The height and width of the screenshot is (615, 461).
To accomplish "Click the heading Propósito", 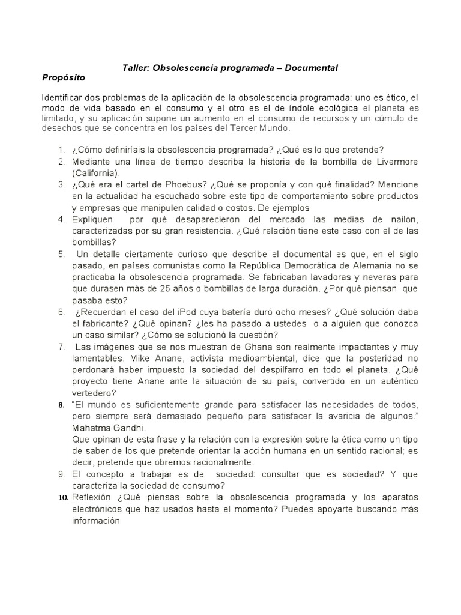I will (x=64, y=78).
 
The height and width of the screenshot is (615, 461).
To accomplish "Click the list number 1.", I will (x=62, y=150).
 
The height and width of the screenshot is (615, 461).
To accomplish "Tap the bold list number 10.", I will (x=62, y=498).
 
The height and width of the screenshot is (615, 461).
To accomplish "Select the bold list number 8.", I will (x=61, y=405).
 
